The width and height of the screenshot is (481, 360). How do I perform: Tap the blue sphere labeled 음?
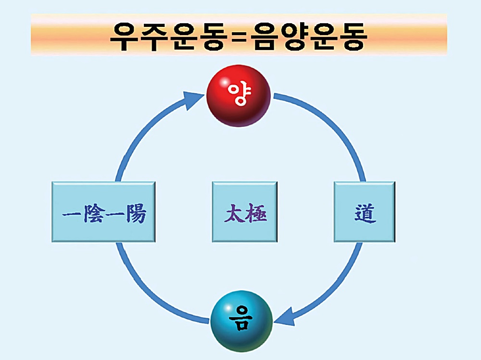point(242,321)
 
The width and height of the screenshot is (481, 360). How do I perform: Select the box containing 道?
point(365,211)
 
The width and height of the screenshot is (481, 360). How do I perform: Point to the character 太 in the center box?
point(233,213)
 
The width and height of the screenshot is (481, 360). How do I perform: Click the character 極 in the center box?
point(255,213)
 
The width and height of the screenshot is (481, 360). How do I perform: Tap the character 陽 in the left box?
point(134,213)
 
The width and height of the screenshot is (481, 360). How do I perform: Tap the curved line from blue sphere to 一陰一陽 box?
point(149,293)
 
